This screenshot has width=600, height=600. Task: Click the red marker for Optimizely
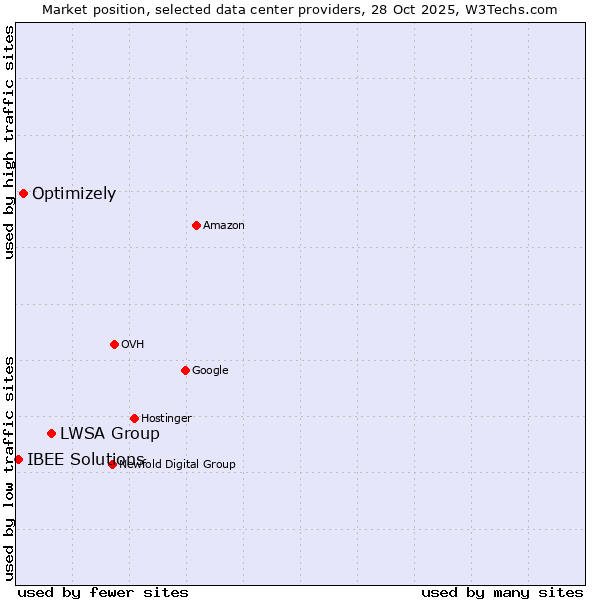[x=23, y=193]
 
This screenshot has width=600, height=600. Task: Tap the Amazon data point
[x=196, y=225]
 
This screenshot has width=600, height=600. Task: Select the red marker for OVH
[x=114, y=344]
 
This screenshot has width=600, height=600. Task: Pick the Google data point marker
[x=185, y=370]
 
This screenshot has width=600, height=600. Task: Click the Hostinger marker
[x=134, y=418]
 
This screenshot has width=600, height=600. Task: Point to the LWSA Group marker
[x=51, y=433]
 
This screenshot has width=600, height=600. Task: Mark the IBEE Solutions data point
[x=18, y=459]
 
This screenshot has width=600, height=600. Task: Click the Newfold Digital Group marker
[x=112, y=464]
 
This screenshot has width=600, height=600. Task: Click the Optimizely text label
[x=74, y=194]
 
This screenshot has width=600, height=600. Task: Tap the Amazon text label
[x=224, y=226]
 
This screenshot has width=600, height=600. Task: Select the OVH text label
[x=133, y=345]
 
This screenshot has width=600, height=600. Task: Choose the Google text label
[x=210, y=371]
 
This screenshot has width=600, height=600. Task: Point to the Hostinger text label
[x=166, y=419]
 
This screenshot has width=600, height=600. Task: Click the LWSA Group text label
[x=110, y=434]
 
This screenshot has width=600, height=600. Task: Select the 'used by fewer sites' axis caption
[x=103, y=592]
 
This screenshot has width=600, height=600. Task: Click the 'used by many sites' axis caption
[x=502, y=592]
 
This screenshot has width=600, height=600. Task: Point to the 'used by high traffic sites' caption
[x=9, y=142]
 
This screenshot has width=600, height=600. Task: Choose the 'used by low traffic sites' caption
[x=9, y=468]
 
